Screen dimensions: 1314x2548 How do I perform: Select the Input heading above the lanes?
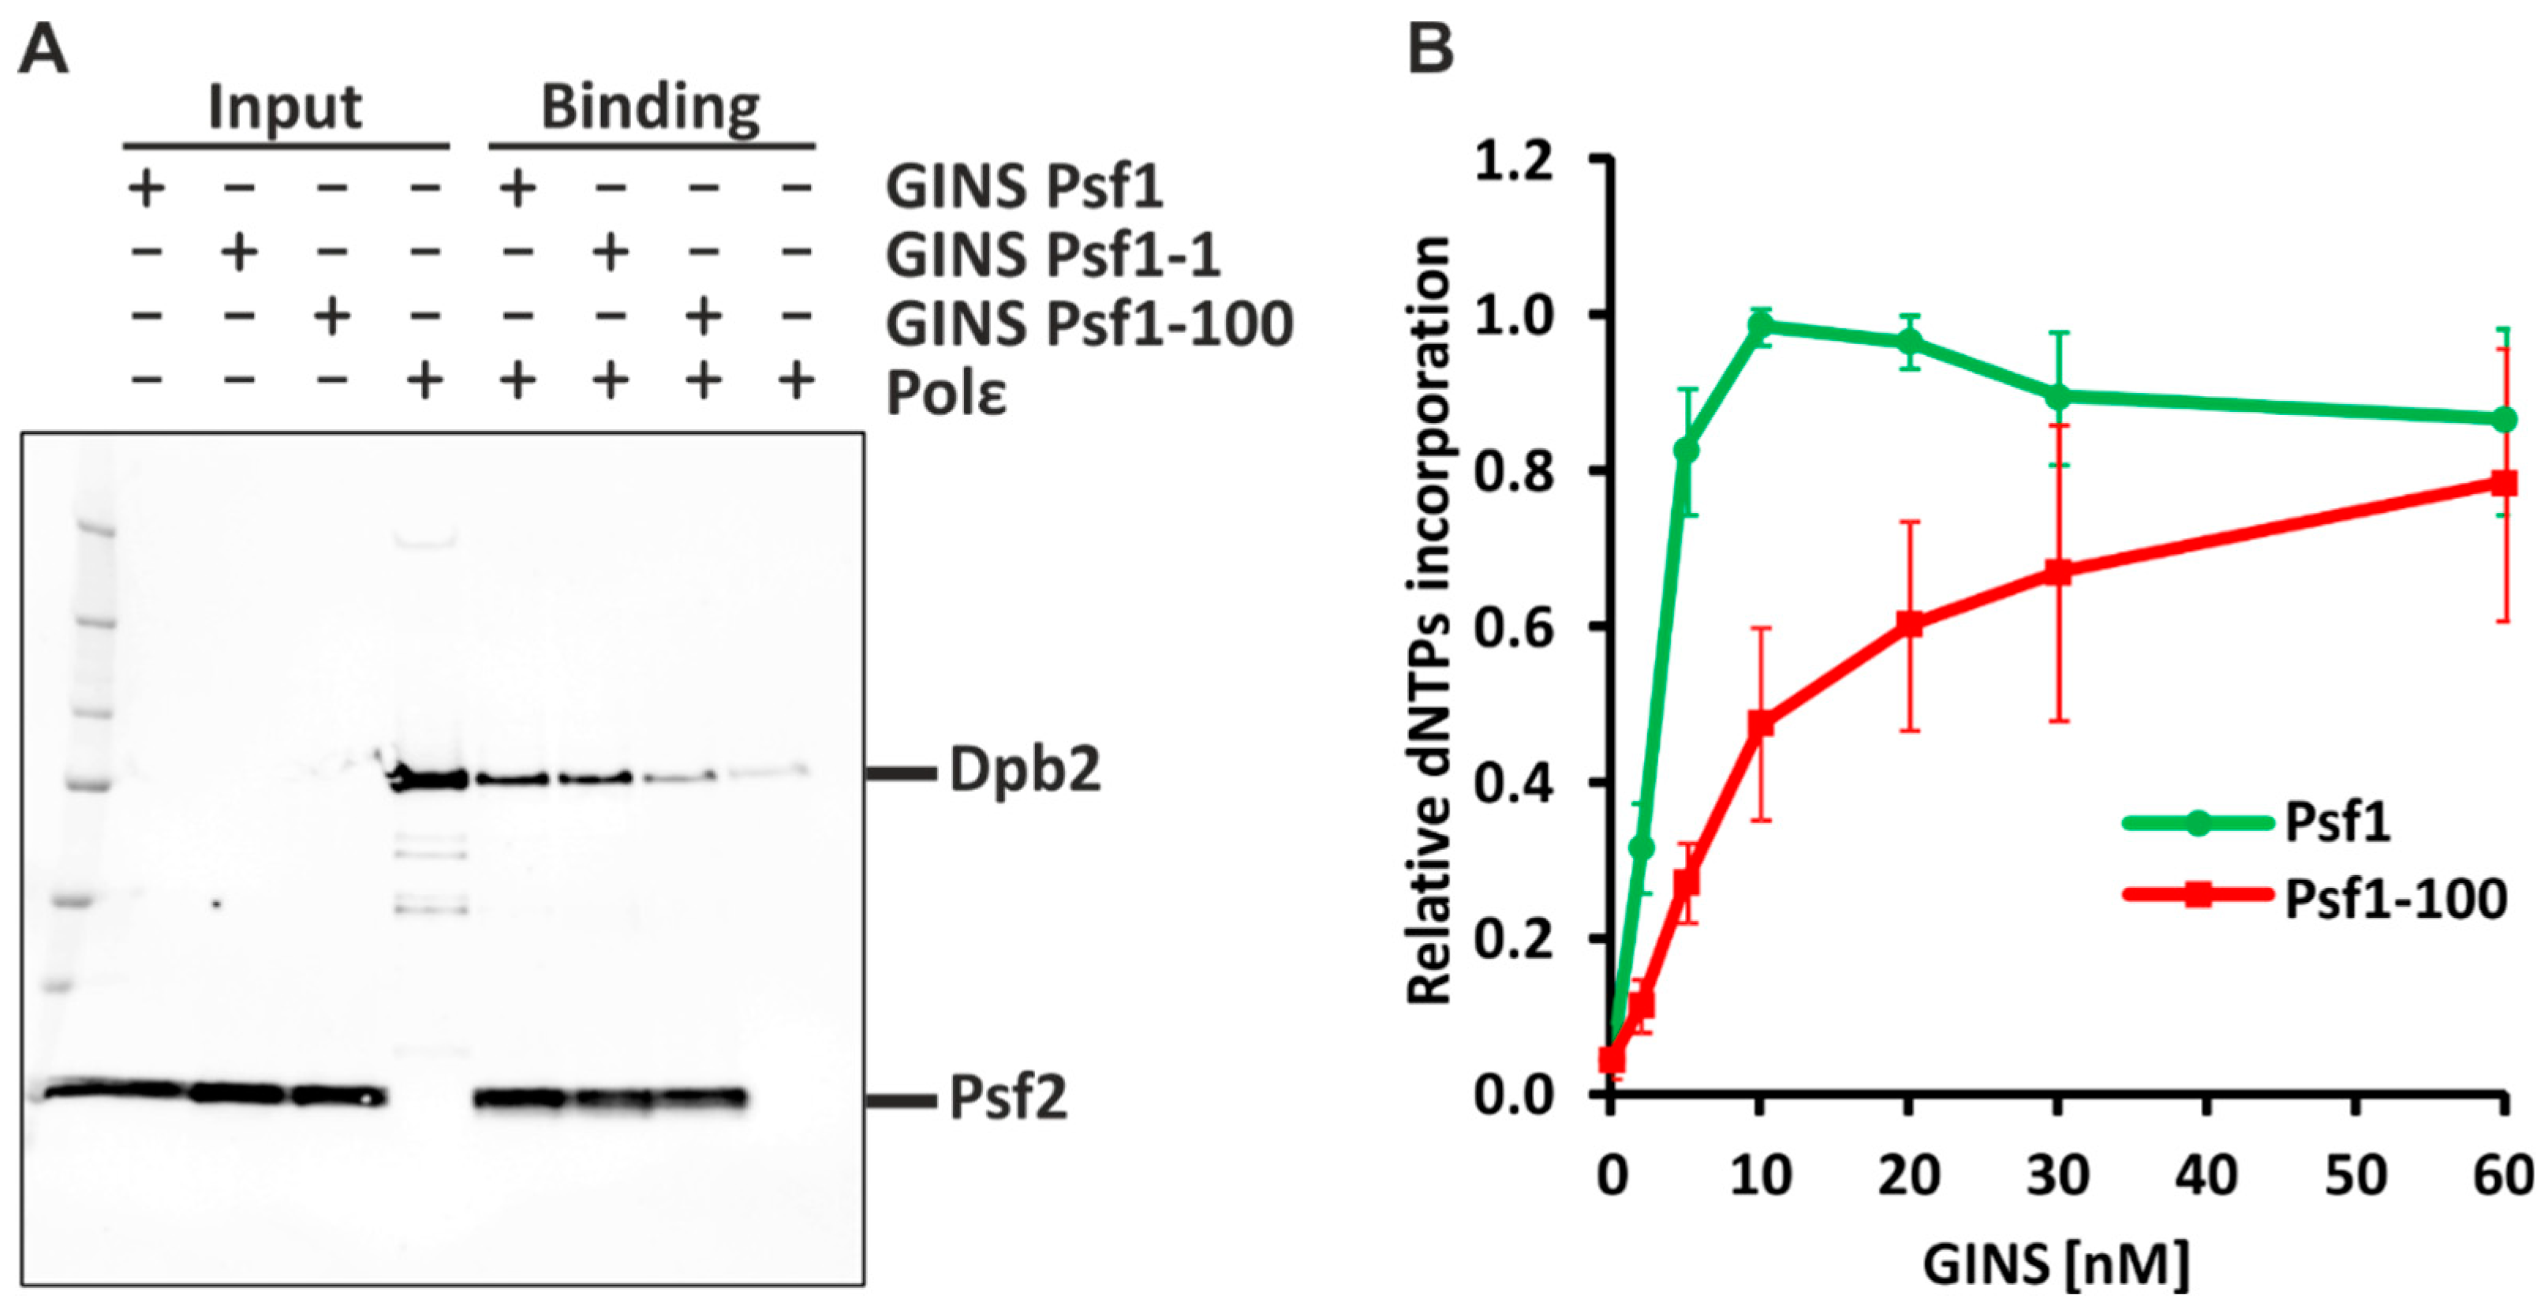pos(285,107)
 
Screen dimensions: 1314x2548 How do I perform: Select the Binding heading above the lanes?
pos(651,107)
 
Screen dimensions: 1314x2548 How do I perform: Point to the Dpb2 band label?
pos(1025,771)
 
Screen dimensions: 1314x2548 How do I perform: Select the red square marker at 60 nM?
pos(2504,483)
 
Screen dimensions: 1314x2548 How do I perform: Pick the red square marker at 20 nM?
pos(1909,624)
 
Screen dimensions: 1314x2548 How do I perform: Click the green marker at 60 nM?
pos(2504,420)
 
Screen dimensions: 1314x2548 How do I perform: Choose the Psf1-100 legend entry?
pos(2393,897)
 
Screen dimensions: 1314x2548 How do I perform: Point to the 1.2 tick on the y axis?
pos(1513,161)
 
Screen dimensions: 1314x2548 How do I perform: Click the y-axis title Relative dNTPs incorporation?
pos(1429,620)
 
